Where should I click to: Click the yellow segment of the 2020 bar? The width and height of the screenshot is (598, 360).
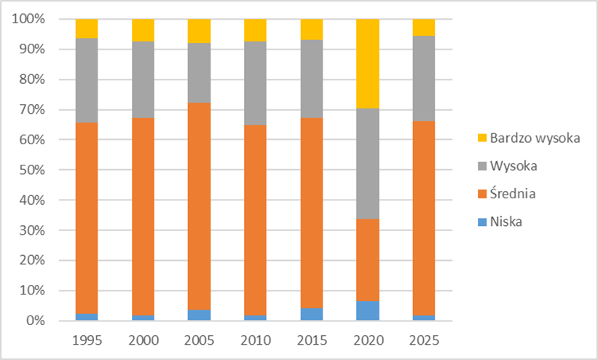[367, 63]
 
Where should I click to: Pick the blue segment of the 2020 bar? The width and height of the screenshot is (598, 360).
[367, 310]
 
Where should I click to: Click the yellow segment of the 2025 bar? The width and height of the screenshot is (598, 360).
[423, 27]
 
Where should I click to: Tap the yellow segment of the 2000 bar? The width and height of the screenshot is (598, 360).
[143, 30]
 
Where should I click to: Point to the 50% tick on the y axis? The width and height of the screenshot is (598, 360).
[31, 170]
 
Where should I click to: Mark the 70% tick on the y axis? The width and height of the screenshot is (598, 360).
[31, 109]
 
